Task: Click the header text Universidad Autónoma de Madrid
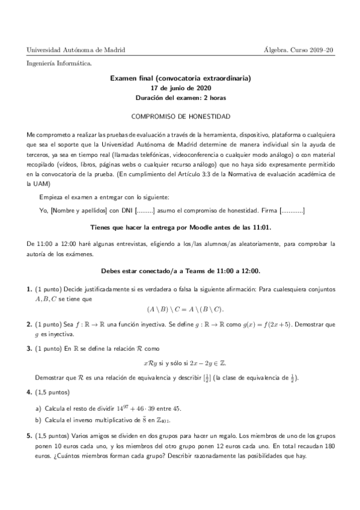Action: click(76, 49)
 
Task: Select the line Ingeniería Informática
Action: click(59, 63)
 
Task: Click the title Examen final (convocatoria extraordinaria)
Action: click(180, 78)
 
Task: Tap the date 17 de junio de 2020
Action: click(180, 88)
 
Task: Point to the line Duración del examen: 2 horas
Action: click(180, 97)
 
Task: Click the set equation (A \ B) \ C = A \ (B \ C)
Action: click(185, 309)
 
